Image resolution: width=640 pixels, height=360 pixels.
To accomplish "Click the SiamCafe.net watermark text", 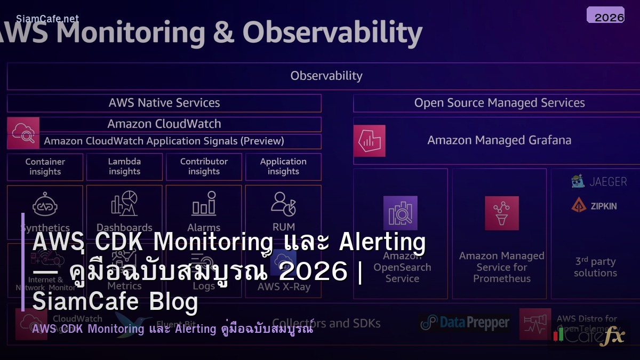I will [47, 19].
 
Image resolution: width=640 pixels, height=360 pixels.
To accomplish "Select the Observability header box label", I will [326, 76].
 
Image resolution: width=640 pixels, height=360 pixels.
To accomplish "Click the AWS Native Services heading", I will [164, 103].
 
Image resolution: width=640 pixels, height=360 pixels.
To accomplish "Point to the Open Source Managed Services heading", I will [499, 103].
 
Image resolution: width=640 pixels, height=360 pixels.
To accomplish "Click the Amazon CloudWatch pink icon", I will [23, 133].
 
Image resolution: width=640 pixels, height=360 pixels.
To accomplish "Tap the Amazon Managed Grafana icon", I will [369, 141].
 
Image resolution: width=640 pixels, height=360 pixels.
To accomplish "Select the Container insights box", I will [45, 167].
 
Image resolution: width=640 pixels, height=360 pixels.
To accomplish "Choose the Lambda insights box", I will [124, 167].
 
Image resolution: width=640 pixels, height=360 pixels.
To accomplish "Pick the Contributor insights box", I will [204, 167].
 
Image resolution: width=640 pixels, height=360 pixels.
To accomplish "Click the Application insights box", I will [283, 167].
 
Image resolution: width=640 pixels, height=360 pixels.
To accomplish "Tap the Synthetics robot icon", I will [45, 206].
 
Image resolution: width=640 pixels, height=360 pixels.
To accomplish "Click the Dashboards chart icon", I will [124, 204].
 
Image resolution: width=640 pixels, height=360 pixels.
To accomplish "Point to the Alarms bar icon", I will [204, 205].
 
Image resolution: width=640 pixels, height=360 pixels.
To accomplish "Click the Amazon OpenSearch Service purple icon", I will [400, 213].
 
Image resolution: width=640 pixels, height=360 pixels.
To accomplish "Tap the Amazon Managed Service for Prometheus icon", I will [501, 213].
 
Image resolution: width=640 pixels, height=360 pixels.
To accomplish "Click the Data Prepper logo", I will [465, 323].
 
